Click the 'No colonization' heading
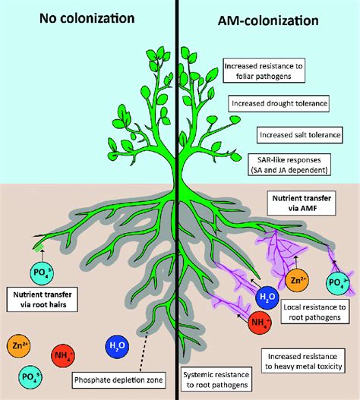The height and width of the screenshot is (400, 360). (87, 19)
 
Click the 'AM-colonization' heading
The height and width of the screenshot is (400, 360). (268, 20)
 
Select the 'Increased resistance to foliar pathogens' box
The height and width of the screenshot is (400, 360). (264, 71)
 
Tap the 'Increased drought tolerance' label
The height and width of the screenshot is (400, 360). (279, 103)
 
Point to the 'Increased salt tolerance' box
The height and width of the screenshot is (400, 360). (300, 135)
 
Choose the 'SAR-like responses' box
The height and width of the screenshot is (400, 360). (289, 165)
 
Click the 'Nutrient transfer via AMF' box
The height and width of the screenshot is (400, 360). (302, 203)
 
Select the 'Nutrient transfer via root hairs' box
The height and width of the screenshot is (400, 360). (42, 299)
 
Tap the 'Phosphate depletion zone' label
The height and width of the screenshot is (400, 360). (118, 380)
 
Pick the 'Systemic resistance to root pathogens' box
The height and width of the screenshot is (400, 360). (216, 380)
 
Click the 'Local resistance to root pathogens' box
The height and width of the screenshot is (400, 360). (315, 312)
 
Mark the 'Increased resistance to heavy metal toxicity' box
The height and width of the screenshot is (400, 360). (303, 361)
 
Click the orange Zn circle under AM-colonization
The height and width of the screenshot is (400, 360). (297, 281)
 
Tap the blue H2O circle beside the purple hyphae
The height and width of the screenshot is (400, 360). (267, 297)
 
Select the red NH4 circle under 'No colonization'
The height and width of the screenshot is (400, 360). (63, 355)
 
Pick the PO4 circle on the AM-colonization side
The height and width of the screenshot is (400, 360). (338, 283)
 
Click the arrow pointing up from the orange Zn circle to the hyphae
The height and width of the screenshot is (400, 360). (296, 263)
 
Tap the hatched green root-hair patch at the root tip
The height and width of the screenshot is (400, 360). (39, 247)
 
